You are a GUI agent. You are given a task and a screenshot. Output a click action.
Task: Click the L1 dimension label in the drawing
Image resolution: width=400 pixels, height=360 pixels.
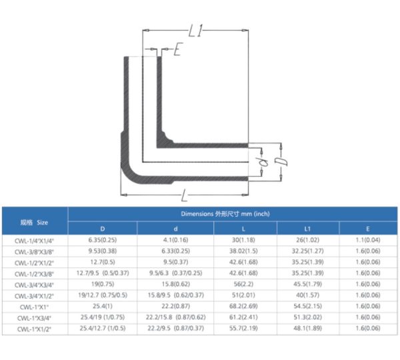[x=195, y=31]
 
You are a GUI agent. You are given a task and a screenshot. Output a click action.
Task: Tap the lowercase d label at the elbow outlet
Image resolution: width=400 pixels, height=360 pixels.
[x=263, y=160]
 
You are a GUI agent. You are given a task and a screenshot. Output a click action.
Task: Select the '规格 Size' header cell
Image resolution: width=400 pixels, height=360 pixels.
[x=34, y=221]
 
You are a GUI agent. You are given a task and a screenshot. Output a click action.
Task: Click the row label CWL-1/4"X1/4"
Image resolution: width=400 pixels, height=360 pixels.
[x=35, y=240]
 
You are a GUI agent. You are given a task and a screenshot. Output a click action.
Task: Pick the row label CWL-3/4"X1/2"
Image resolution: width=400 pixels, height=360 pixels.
[x=35, y=296]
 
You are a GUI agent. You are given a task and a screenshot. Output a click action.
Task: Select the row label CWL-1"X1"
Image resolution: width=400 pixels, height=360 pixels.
[x=35, y=307]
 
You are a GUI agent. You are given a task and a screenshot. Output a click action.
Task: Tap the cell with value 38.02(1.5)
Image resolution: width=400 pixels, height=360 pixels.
[x=246, y=251]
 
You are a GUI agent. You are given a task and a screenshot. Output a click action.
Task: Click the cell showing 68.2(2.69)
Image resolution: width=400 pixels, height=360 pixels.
[x=246, y=307]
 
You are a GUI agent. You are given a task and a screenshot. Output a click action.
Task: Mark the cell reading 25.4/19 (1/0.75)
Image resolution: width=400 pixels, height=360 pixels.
[x=103, y=318]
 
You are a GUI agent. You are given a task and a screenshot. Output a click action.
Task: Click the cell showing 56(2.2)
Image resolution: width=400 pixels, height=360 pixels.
[x=246, y=285]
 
